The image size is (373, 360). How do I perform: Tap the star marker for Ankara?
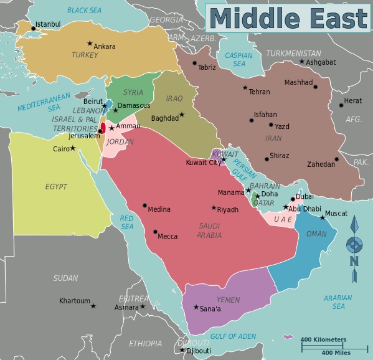[90, 44]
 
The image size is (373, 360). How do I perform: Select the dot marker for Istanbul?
[34, 28]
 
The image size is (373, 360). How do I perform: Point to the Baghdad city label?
[164, 118]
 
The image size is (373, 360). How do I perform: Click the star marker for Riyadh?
[214, 207]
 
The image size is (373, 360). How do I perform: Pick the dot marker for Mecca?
[155, 232]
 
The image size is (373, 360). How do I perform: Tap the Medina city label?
[159, 209]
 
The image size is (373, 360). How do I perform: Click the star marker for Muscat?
[323, 217]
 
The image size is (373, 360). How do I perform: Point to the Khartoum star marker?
[93, 305]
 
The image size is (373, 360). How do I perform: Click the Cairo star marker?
[73, 148]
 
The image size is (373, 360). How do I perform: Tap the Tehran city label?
[259, 92]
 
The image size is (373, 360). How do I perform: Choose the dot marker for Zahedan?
[336, 159]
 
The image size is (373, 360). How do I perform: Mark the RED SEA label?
[126, 222]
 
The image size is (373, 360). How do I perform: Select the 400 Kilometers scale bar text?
[323, 339]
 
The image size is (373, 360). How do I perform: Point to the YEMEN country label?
[229, 300]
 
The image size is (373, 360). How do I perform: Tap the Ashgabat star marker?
[302, 61]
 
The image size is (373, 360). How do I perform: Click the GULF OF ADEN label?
[233, 336]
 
